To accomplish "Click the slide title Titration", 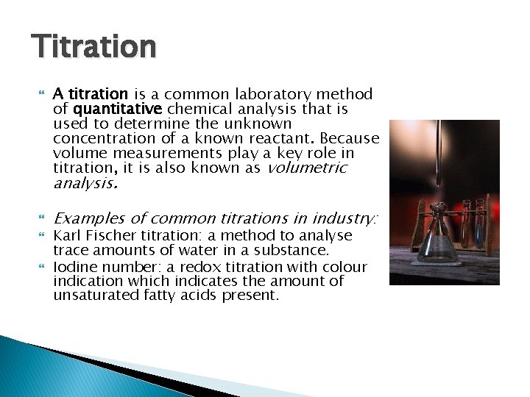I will [x=93, y=46].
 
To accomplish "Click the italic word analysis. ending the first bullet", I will [x=85, y=185].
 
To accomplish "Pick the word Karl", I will [x=66, y=236].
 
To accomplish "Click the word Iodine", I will [x=73, y=266].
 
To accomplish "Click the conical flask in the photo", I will [x=434, y=239].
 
